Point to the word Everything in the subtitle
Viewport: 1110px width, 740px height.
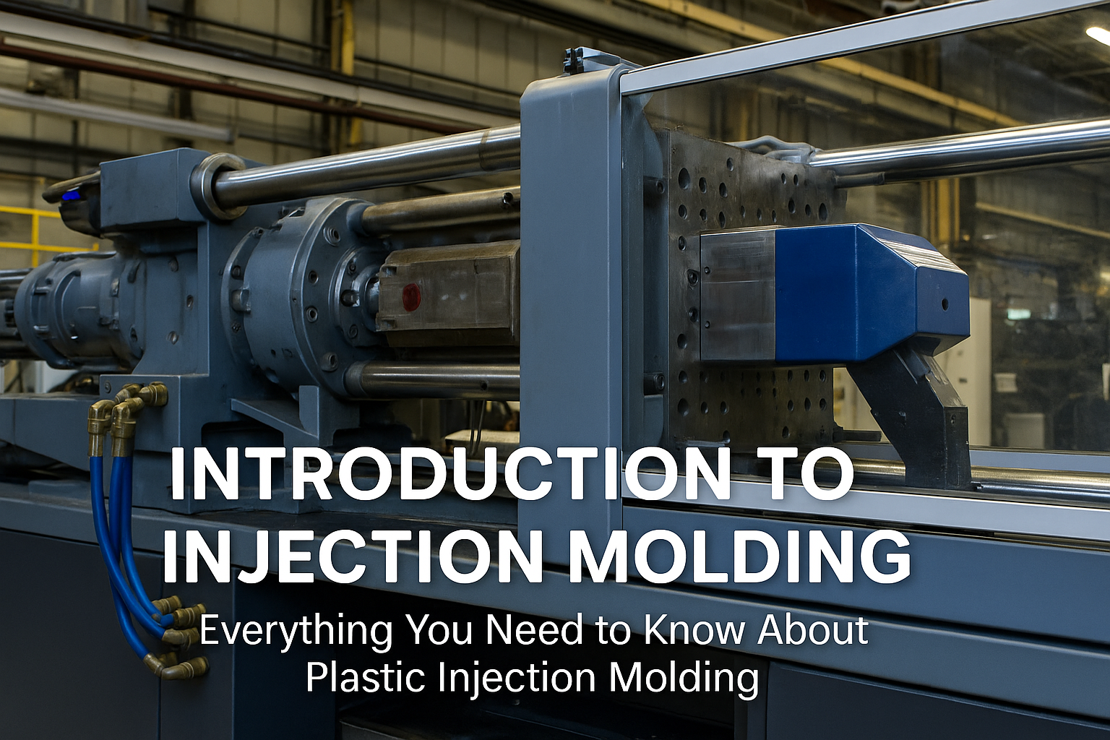[x=296, y=631]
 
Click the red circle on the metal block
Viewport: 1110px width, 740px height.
[x=410, y=296]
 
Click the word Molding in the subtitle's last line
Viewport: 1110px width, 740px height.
[x=683, y=678]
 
